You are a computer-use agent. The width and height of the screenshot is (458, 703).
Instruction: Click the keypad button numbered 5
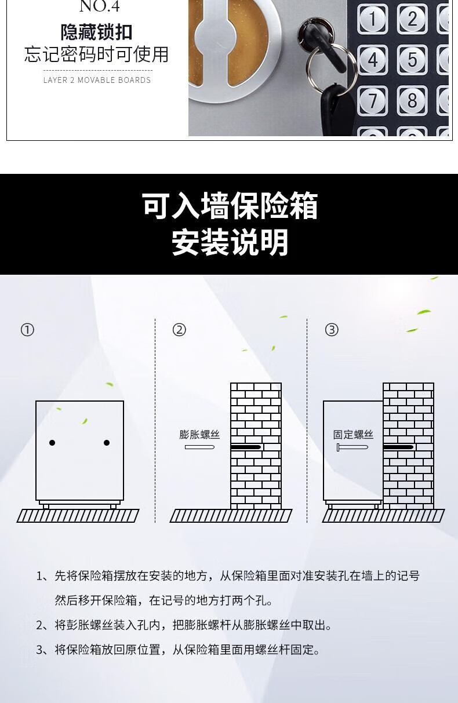412,60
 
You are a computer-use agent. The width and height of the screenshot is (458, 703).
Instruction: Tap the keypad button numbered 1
372,19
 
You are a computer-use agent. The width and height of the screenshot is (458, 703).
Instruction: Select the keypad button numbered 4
372,60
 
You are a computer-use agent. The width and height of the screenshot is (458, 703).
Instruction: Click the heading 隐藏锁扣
97,32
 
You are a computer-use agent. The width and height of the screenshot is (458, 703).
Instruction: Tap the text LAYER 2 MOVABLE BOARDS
97,80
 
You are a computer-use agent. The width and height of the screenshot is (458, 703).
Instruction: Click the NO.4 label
100,6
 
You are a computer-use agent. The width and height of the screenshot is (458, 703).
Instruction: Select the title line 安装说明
230,242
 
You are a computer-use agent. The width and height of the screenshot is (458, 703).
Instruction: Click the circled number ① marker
27,330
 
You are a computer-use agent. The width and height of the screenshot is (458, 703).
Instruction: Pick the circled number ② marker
179,330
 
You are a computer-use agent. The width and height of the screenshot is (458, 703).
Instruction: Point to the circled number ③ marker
332,330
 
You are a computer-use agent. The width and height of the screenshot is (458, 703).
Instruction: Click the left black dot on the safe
52,443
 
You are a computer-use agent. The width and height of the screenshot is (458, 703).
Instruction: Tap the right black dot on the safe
107,443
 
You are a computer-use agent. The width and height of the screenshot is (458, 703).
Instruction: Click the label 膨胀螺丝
199,435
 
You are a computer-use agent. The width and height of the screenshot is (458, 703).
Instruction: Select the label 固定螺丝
353,435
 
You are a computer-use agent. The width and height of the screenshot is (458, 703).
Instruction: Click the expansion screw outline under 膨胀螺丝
199,447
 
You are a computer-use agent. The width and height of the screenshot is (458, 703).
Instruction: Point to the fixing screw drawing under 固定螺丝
352,447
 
